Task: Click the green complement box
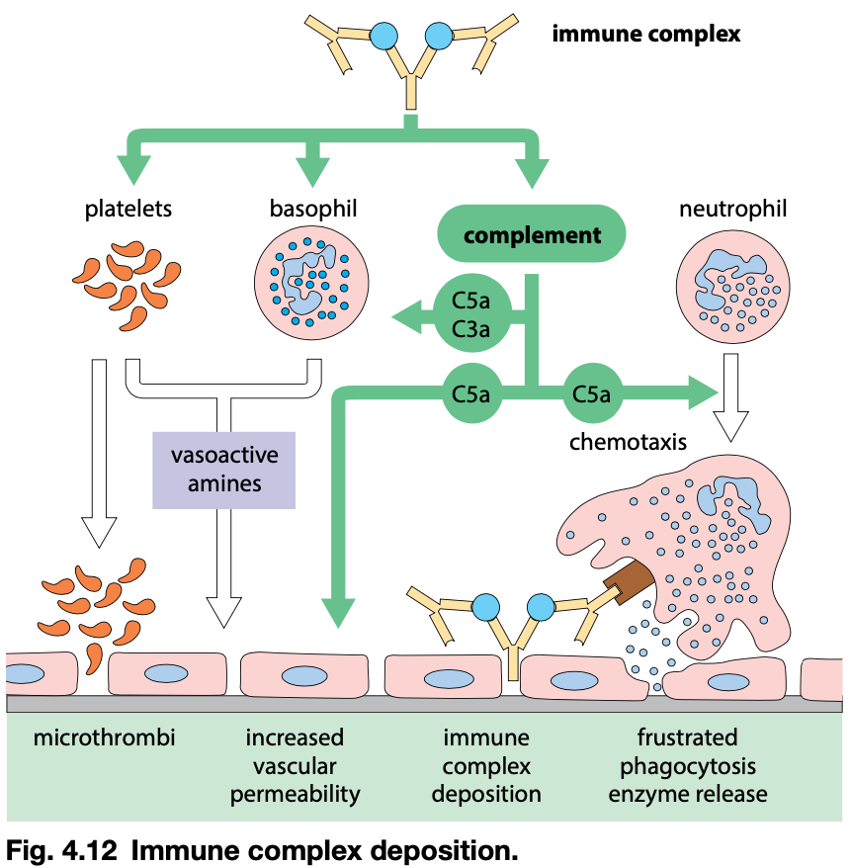coord(532,235)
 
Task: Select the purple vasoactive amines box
coord(224,469)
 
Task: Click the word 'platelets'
coord(128,209)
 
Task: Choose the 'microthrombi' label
coord(105,738)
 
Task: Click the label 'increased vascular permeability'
coord(295,765)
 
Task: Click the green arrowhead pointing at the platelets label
coord(129,170)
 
